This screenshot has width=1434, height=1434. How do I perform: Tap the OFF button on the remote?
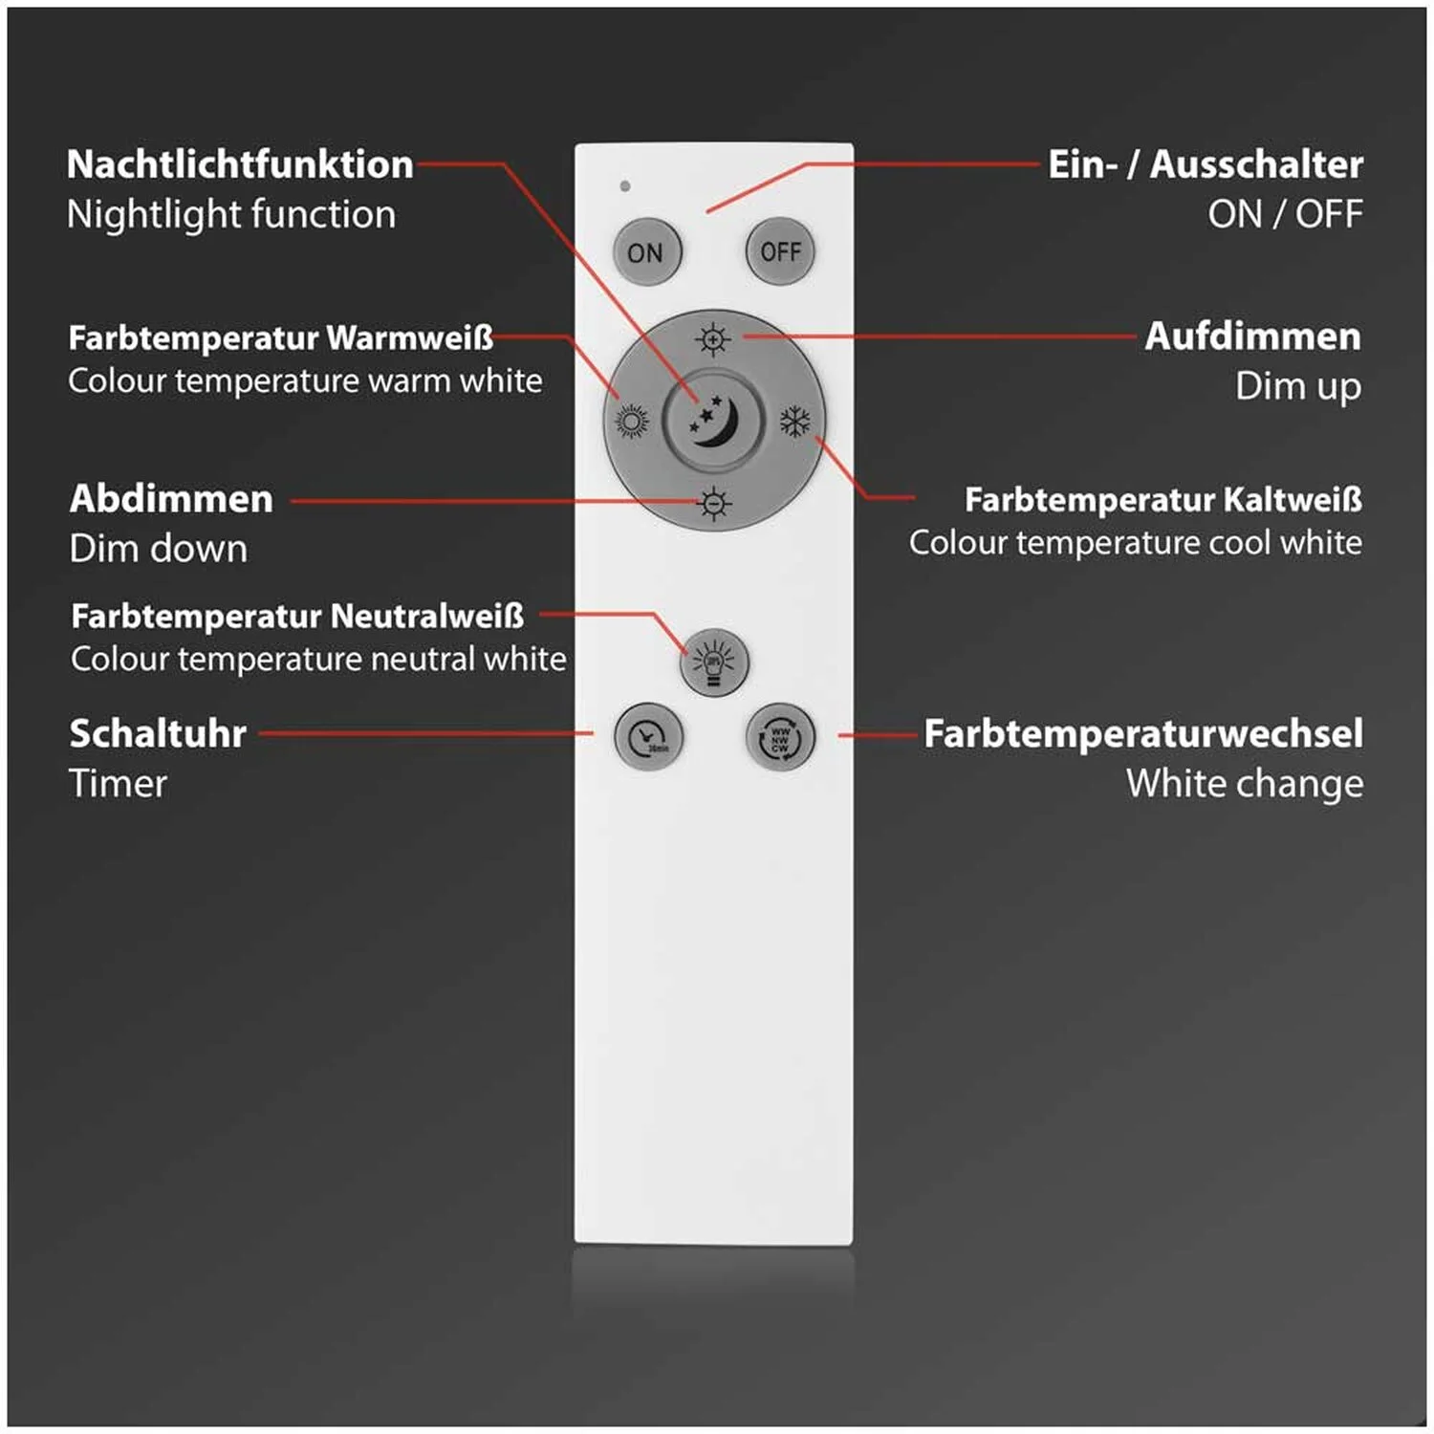click(780, 251)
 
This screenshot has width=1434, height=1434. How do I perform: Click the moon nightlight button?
click(713, 420)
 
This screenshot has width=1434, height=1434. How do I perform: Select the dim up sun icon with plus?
click(713, 339)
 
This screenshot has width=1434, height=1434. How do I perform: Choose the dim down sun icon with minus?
click(713, 503)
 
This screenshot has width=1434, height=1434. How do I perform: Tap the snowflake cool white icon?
click(795, 421)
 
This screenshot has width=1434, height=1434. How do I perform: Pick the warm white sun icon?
click(631, 421)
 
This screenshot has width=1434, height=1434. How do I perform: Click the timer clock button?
click(648, 736)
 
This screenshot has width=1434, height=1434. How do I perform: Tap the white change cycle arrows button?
click(780, 736)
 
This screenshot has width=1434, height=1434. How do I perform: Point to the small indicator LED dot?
click(625, 185)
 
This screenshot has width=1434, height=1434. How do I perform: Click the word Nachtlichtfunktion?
click(240, 164)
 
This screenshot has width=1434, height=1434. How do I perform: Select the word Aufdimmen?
click(1252, 337)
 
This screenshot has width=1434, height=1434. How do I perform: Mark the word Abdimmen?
click(171, 499)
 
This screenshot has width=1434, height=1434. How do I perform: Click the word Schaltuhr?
click(158, 733)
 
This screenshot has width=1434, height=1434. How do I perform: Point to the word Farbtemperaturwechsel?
click(1143, 733)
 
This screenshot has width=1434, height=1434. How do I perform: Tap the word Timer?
click(118, 784)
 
